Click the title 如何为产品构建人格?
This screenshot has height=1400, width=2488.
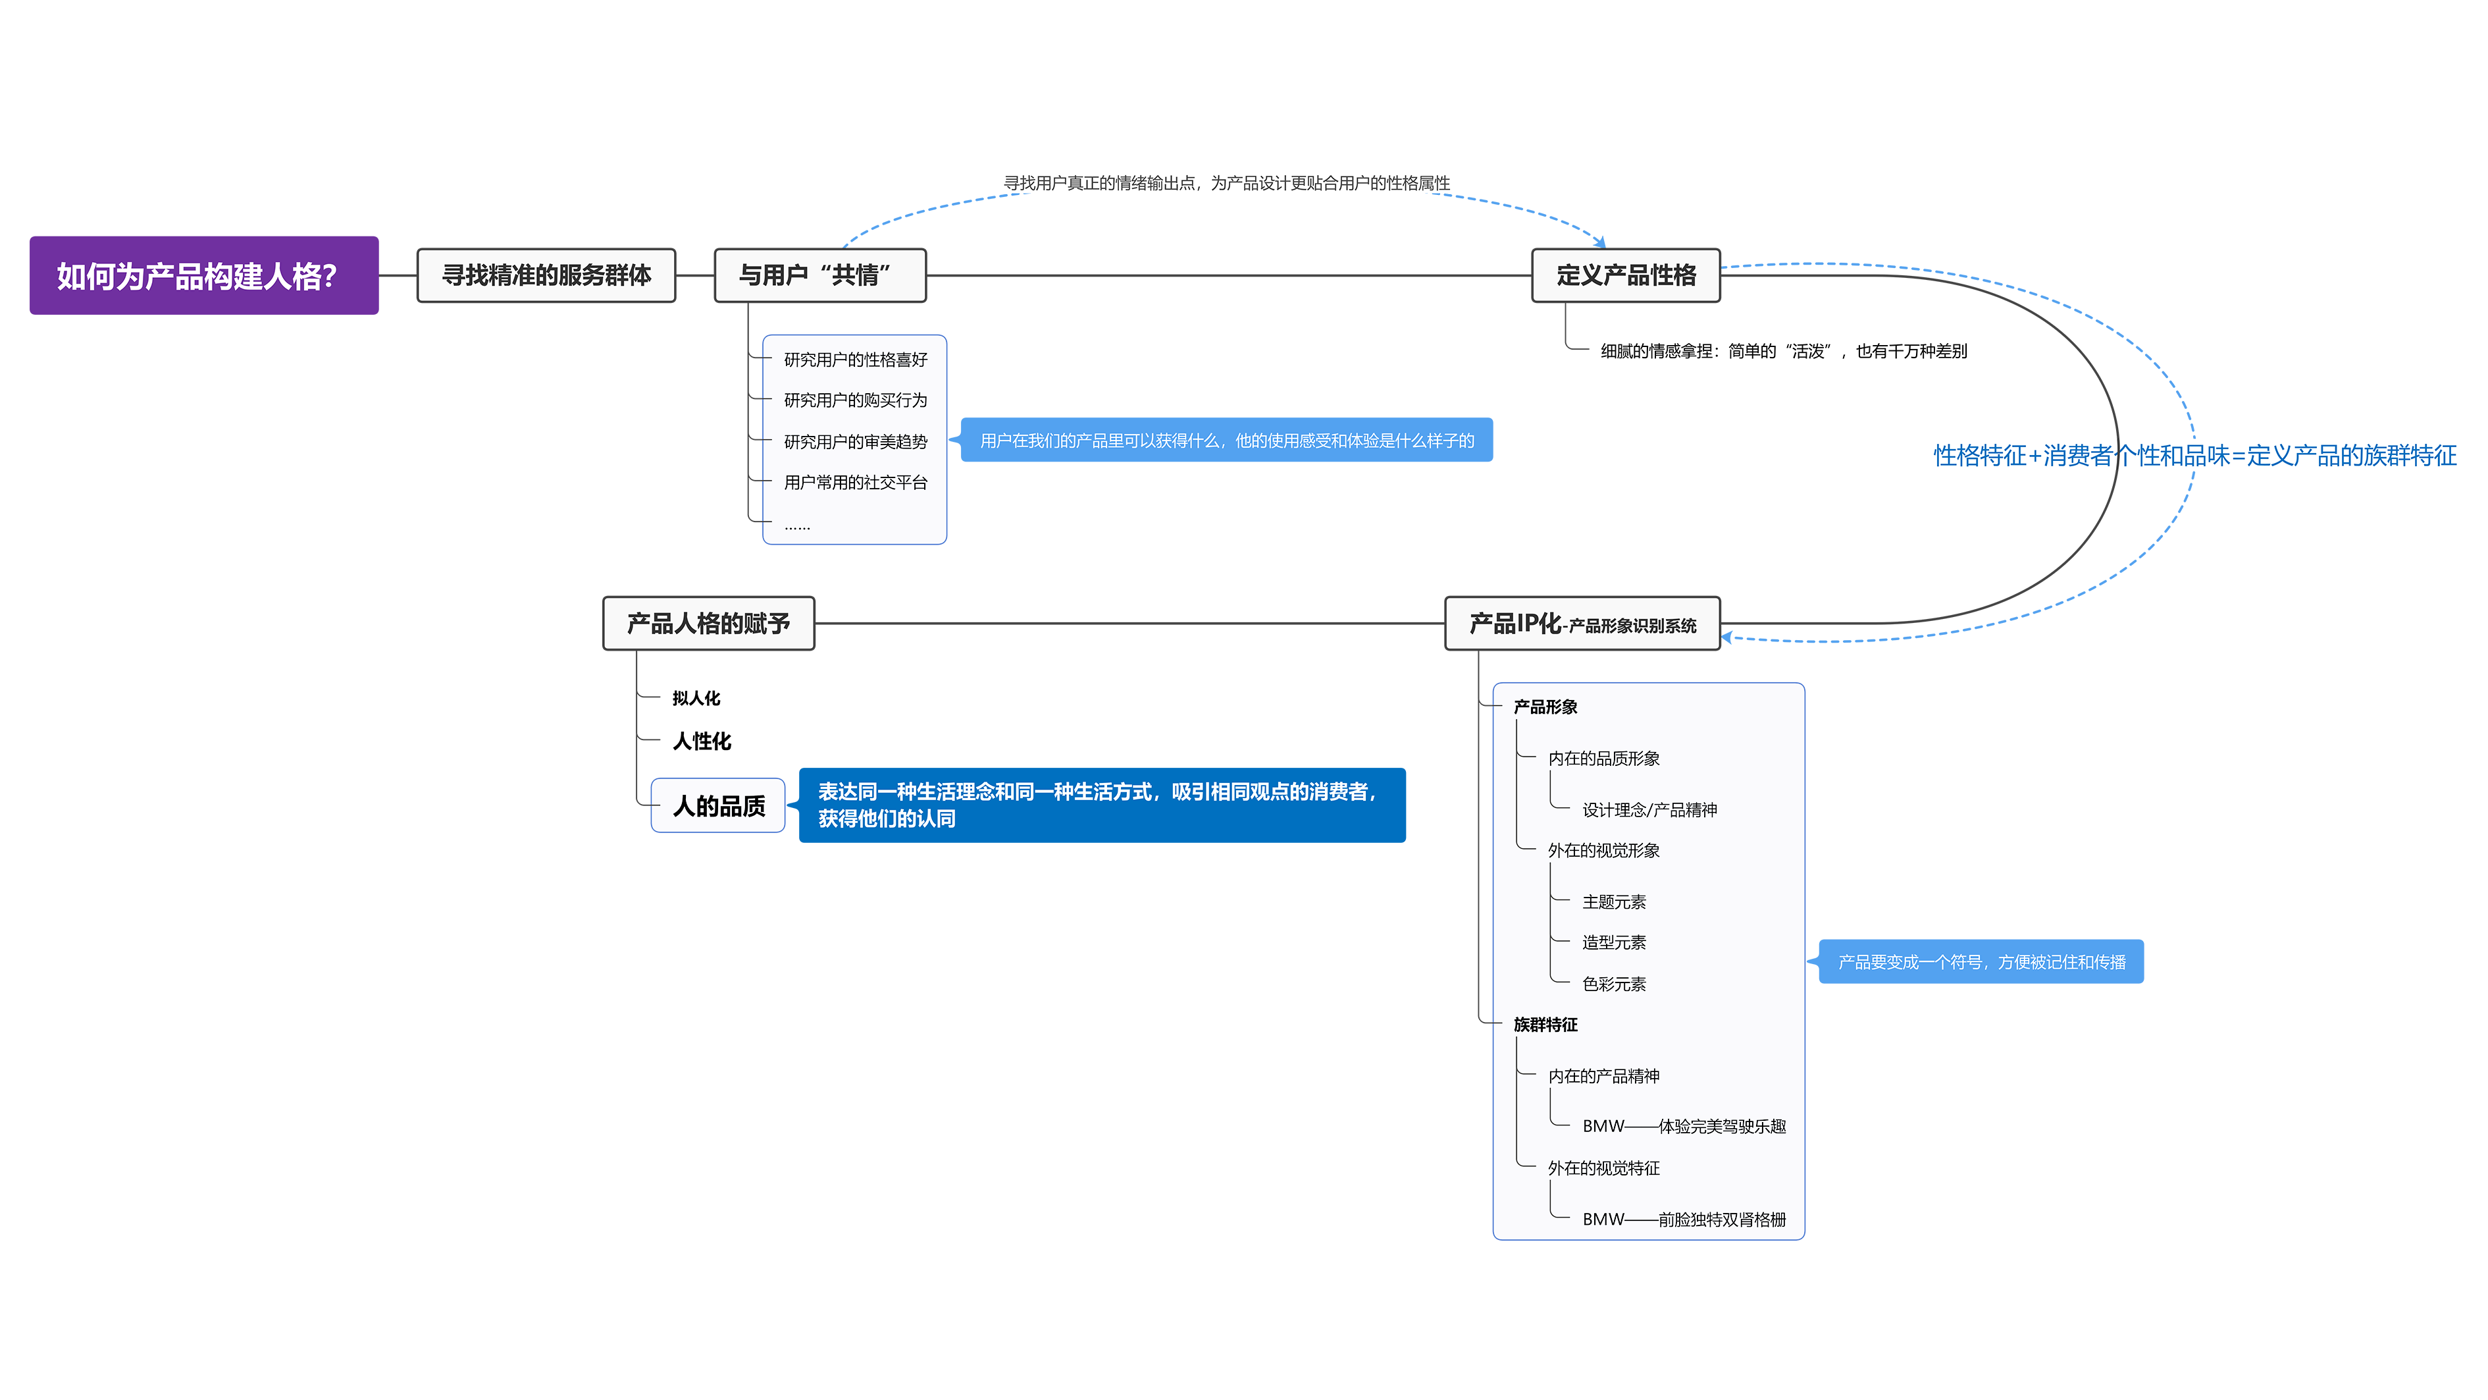196,277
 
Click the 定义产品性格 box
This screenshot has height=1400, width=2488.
1626,275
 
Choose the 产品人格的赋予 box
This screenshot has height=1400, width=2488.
708,623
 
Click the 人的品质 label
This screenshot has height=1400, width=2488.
719,806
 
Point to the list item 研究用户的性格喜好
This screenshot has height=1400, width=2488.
855,360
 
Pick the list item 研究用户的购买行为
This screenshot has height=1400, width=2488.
855,400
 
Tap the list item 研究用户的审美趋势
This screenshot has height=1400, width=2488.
855,442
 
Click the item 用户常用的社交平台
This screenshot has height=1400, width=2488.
855,482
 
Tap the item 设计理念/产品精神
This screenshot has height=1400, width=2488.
1649,810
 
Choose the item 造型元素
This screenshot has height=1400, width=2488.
1613,942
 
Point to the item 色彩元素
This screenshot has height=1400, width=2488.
1613,984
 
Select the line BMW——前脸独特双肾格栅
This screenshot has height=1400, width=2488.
1684,1220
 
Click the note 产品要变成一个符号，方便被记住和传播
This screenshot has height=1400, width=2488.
1981,962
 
